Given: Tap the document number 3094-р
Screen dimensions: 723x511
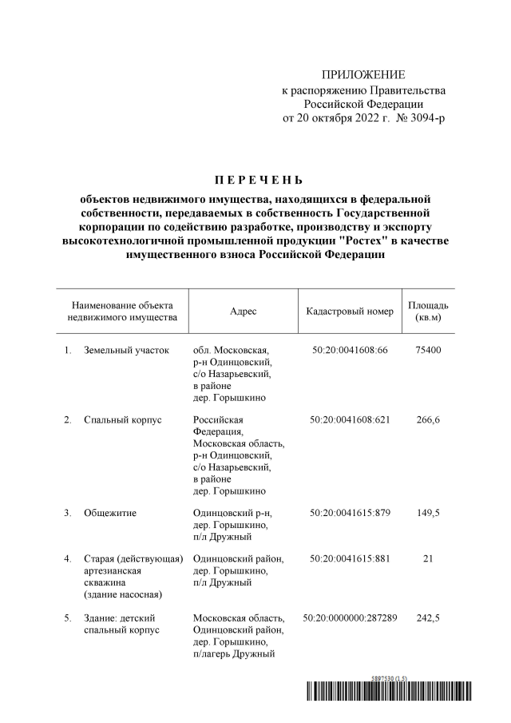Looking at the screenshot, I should point(426,118).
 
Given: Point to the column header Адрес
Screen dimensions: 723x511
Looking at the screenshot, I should point(243,312).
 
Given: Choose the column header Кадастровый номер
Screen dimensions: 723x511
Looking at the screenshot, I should point(350,312).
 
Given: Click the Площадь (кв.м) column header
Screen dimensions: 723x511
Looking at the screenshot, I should point(428,312).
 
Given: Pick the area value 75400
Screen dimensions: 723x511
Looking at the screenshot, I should point(428,350).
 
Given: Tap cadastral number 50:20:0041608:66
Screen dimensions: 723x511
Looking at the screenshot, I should point(350,350).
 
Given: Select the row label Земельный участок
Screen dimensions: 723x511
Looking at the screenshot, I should point(126,350).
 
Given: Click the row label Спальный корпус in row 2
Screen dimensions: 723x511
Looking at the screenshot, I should point(121,420).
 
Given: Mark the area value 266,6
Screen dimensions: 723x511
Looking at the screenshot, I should point(428,420).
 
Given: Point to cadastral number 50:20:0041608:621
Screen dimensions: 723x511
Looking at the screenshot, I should point(350,420).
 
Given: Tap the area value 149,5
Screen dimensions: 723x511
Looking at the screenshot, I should point(428,512).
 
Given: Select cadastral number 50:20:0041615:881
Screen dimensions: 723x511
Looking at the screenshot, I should point(350,558).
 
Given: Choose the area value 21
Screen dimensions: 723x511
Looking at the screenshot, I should point(428,558).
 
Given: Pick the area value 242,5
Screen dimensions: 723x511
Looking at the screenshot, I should point(428,618).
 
